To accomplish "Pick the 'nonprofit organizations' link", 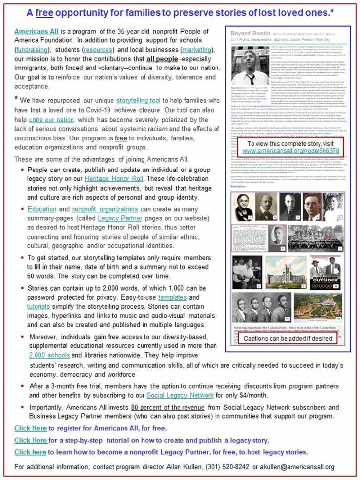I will click(x=101, y=209).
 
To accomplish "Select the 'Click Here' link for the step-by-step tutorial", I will click(x=30, y=440).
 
